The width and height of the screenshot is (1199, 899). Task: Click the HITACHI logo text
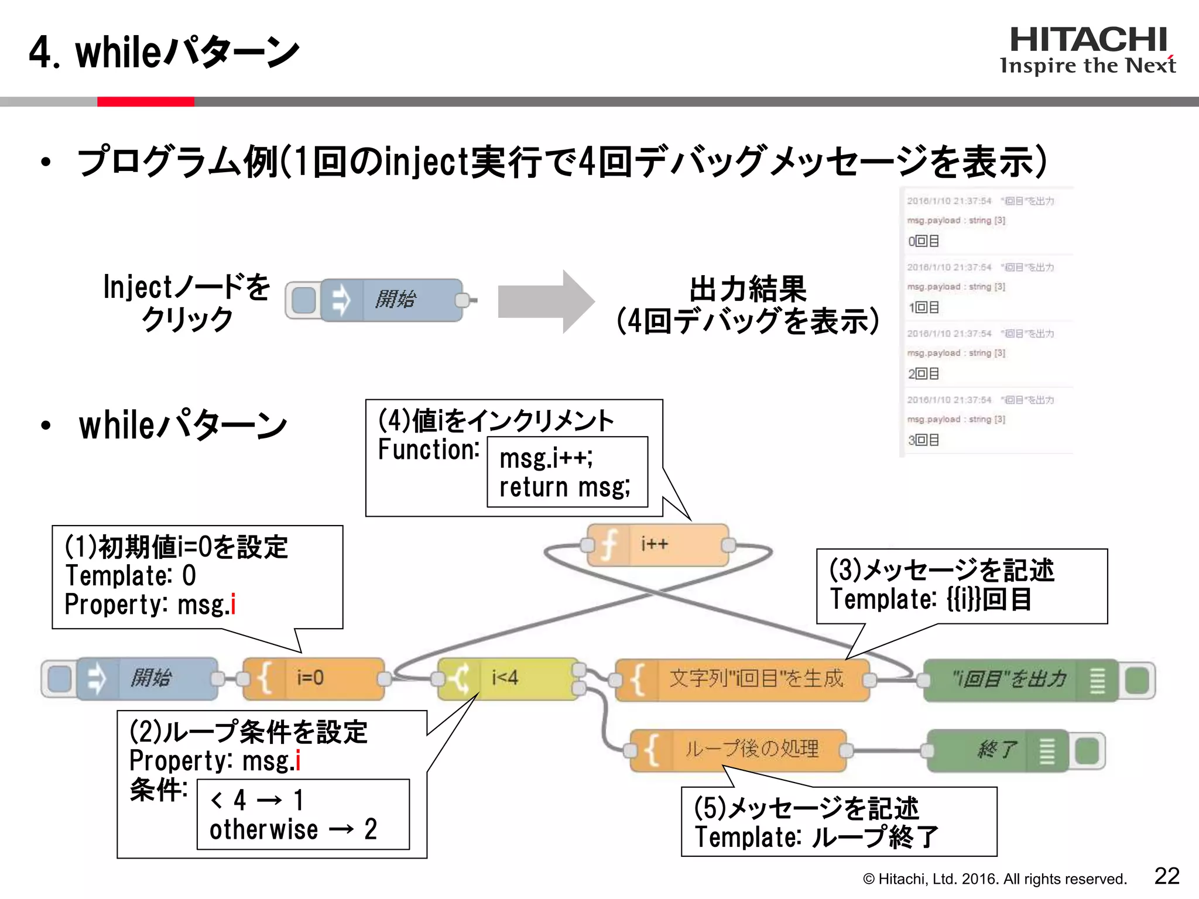(1088, 40)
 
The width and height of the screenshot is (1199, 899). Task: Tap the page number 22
(1166, 876)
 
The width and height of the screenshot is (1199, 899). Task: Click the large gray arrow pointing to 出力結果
(545, 301)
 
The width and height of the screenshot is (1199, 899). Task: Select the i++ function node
(658, 545)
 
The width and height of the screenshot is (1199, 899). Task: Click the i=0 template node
(313, 678)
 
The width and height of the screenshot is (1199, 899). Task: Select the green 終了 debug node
(998, 750)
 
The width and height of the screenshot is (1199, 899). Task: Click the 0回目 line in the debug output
(924, 241)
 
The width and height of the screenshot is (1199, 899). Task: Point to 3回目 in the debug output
(924, 440)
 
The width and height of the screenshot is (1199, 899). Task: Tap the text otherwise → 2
(293, 829)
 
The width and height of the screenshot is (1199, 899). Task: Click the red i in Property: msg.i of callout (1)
(233, 604)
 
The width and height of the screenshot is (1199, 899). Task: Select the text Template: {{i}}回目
(930, 599)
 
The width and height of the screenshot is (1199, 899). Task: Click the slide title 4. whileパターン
(164, 53)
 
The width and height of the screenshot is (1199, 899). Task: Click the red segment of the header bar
(145, 102)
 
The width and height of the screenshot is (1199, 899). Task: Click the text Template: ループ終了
(816, 837)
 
